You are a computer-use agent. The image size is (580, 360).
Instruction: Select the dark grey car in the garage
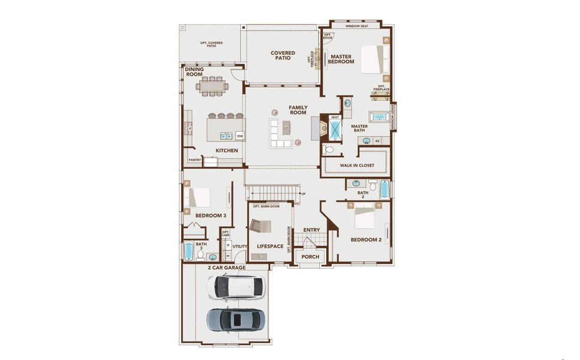(236, 319)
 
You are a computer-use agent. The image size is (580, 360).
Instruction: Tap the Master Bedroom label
(341, 59)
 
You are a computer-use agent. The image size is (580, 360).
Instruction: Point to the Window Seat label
(357, 26)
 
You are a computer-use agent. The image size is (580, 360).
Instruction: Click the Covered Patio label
(283, 55)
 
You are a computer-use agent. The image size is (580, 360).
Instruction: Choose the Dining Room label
(194, 71)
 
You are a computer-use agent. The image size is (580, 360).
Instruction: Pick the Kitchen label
(227, 151)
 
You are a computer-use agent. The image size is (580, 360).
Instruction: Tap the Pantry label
(195, 160)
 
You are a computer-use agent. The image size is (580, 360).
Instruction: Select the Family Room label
(298, 110)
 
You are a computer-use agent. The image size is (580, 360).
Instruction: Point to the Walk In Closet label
(357, 165)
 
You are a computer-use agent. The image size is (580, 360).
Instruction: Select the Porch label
(311, 257)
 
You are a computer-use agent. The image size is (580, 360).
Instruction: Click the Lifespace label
(270, 247)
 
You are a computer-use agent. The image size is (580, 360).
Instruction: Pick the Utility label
(240, 247)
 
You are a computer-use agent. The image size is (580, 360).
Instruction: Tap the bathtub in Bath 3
(188, 251)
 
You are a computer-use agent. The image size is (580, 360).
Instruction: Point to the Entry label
(311, 230)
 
